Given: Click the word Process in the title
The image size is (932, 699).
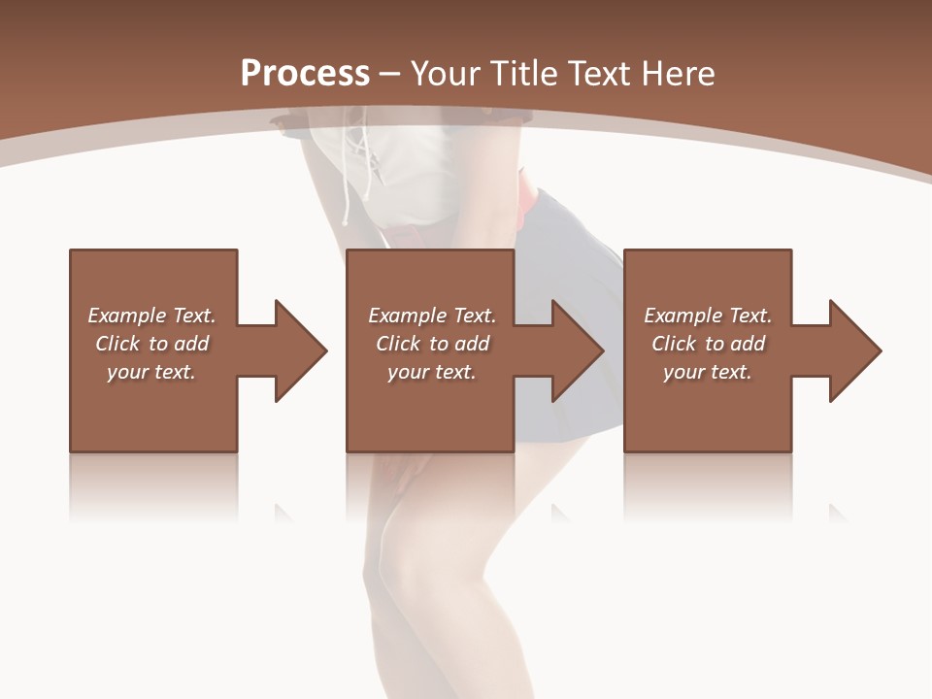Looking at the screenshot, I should (x=305, y=74).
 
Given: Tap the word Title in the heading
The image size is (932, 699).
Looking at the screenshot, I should (x=521, y=74).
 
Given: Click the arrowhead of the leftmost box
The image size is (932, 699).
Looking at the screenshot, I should (x=295, y=350).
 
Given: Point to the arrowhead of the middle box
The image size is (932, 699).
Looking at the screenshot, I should (x=573, y=350).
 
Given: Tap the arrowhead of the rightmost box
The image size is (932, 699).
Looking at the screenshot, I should (x=850, y=350).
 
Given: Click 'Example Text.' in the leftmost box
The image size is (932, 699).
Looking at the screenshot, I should (x=151, y=316).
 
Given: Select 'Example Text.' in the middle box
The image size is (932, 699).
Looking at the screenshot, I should (x=432, y=316).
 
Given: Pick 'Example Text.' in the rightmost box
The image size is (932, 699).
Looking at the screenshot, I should (x=708, y=316).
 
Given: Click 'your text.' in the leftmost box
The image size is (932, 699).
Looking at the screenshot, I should (x=151, y=372).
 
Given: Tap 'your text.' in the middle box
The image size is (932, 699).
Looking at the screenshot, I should (x=432, y=372).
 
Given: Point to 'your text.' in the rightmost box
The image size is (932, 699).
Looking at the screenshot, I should (x=708, y=372).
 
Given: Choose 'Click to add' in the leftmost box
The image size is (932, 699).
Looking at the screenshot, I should (x=151, y=344).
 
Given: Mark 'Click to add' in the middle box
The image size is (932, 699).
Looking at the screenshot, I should (x=432, y=344).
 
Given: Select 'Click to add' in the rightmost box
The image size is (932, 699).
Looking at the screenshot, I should (x=708, y=344).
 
